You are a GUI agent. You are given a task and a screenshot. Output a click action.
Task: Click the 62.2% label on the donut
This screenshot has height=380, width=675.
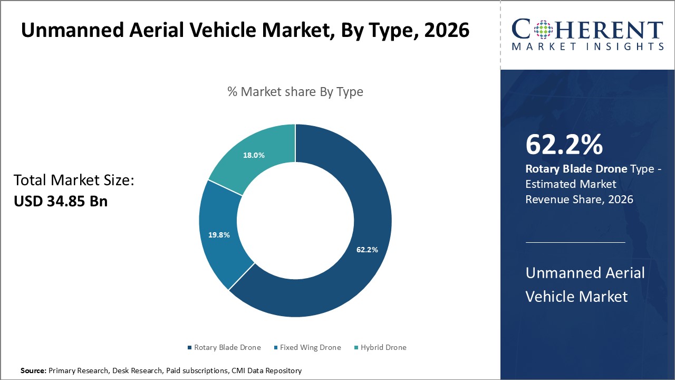tap(367, 250)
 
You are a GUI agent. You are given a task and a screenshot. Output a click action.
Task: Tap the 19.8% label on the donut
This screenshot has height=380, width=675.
tap(219, 235)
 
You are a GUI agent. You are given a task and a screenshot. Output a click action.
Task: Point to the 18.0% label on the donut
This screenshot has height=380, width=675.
tap(254, 156)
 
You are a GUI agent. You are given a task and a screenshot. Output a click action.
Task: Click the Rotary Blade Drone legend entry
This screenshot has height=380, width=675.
tap(224, 347)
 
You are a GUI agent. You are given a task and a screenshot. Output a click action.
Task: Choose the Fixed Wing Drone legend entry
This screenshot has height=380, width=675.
tap(307, 347)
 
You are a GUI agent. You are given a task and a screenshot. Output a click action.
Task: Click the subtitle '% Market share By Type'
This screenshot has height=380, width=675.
tap(295, 92)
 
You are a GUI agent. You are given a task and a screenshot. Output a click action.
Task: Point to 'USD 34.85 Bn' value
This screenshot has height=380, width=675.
tap(61, 201)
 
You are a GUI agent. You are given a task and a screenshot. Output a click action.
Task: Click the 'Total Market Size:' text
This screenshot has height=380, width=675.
tap(74, 180)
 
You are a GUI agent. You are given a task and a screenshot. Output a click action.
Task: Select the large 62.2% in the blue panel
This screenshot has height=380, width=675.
tap(564, 145)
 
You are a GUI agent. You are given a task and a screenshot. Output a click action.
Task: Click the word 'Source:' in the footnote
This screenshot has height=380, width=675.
tap(33, 371)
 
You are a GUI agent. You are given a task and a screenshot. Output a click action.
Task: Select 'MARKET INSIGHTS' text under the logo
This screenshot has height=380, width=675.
tap(587, 46)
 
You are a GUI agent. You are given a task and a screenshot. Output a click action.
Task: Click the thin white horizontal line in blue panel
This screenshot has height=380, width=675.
tap(575, 242)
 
